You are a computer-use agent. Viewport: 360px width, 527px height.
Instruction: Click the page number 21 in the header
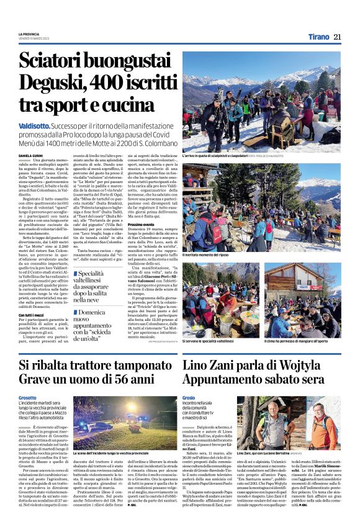338,37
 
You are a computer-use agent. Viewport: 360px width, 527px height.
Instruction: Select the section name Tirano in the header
317,37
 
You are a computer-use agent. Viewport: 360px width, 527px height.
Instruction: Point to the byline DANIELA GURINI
31,155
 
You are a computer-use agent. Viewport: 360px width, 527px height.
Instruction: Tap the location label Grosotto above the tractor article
28,397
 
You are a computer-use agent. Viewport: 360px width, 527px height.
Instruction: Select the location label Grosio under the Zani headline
190,397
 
